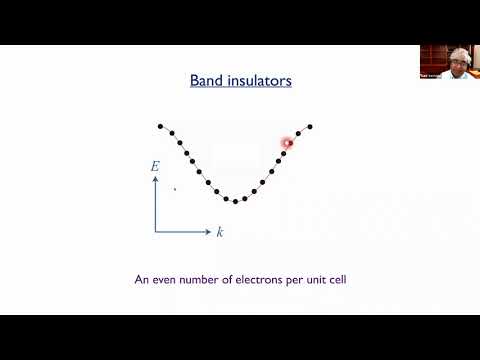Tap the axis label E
click(155, 167)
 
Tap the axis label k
click(220, 232)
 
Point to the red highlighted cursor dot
click(287, 143)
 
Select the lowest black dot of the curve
click(235, 201)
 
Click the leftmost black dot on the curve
click(160, 126)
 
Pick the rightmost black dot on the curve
click(310, 126)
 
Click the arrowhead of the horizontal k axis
click(209, 232)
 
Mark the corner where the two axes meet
click(156, 232)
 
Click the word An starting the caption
click(142, 280)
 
